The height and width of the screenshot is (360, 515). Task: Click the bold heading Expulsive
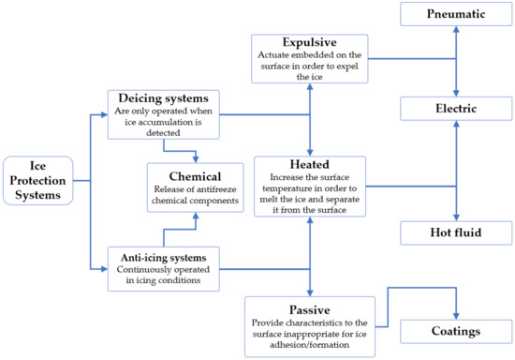[308, 42]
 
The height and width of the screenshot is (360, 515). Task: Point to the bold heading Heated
[308, 163]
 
